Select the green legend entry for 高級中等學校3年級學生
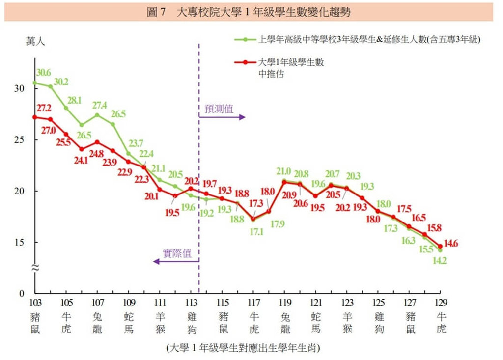tap(369, 40)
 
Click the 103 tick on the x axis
tap(35, 302)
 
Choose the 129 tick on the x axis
tap(441, 302)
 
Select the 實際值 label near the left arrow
tap(177, 253)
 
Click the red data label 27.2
tap(42, 107)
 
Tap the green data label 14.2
tap(439, 261)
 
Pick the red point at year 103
tap(35, 117)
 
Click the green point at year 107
tap(97, 115)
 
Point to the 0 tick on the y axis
tap(21, 294)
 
